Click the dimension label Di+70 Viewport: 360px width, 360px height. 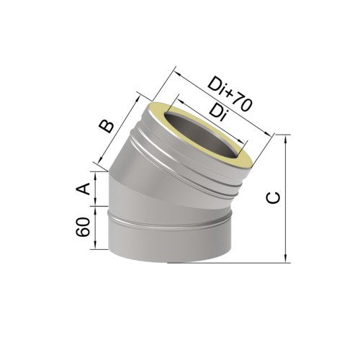tap(230, 94)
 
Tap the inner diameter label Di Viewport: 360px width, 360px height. tap(218, 113)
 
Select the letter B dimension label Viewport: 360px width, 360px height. tap(107, 126)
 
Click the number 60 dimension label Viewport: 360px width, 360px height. tap(83, 228)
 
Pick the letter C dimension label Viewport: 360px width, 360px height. tap(273, 197)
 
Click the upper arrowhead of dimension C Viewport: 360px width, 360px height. tap(285, 140)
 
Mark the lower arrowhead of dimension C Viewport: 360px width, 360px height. tap(285, 258)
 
